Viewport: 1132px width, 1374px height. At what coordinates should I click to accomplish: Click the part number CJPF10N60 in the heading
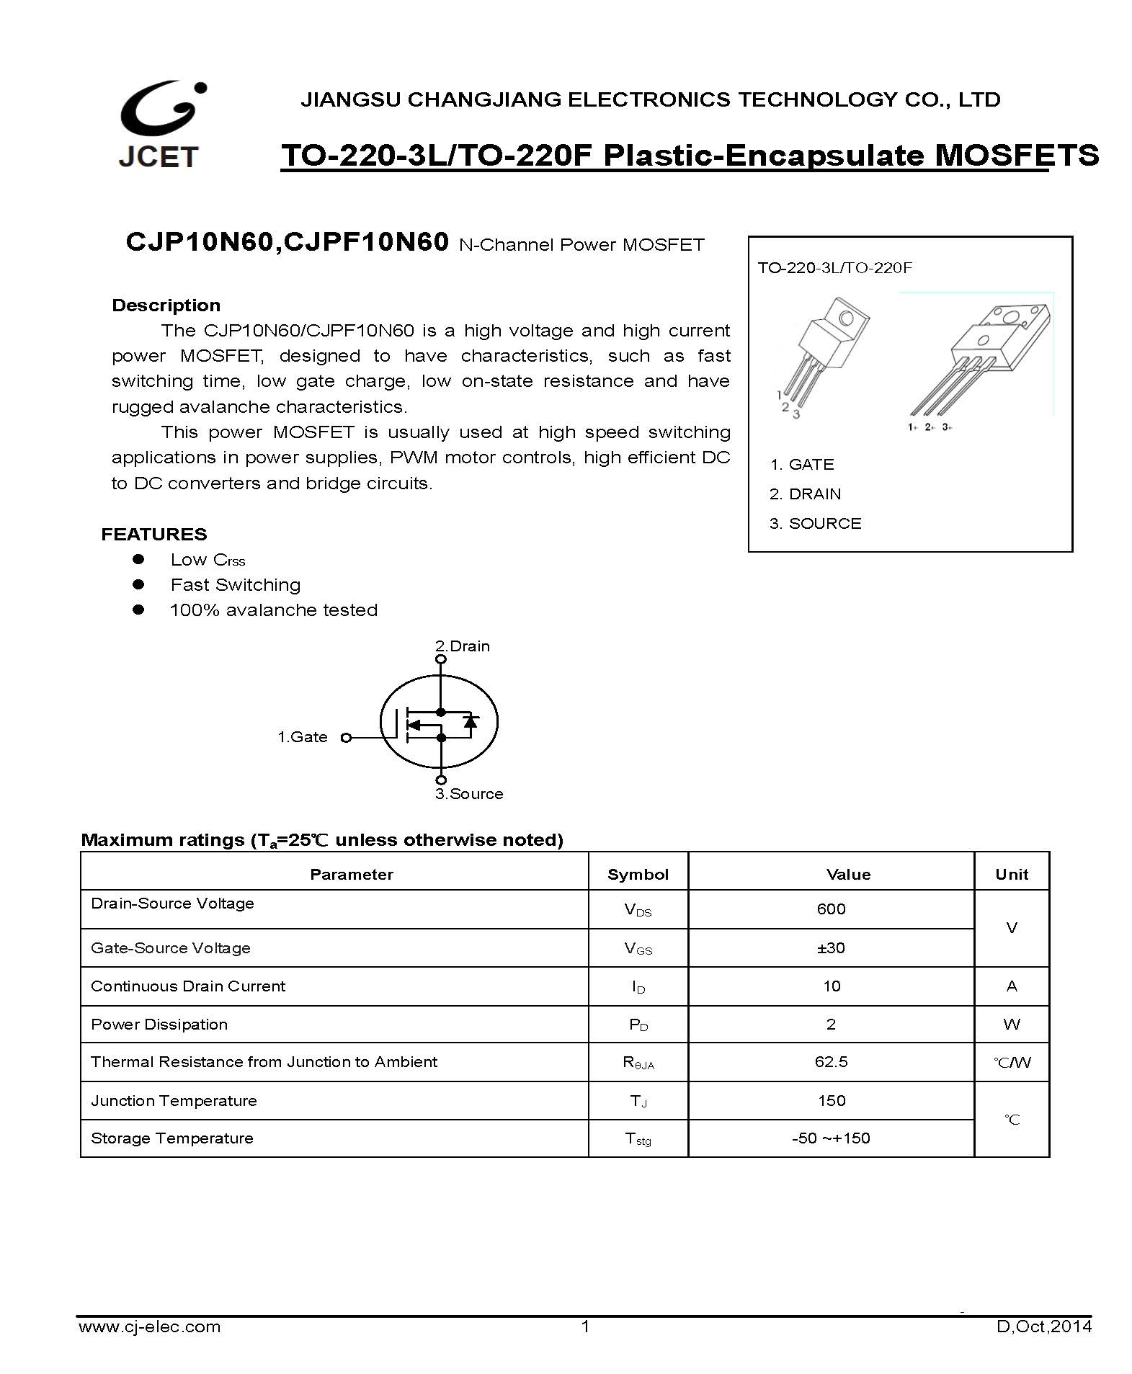(x=367, y=242)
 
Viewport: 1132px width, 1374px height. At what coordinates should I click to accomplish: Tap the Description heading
(x=166, y=305)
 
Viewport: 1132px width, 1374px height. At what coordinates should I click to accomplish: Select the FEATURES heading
(x=153, y=535)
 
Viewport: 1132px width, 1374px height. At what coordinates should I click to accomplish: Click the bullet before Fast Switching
(x=138, y=584)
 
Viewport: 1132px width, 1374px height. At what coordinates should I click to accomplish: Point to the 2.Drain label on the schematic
(x=462, y=646)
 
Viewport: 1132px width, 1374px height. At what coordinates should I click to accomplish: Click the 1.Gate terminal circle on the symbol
(x=346, y=737)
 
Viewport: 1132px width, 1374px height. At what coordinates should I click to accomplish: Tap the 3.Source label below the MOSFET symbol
(x=468, y=794)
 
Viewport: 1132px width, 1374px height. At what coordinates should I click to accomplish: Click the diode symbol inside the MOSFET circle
(x=471, y=721)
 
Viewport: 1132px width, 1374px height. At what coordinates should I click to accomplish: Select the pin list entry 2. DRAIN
(x=805, y=494)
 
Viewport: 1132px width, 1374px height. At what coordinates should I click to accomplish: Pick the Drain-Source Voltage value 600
(x=831, y=909)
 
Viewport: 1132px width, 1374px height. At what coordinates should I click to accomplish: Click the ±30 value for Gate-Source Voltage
(x=831, y=948)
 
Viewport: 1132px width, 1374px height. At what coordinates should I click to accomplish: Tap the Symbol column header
(x=638, y=875)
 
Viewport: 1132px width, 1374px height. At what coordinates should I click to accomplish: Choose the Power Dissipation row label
(x=159, y=1025)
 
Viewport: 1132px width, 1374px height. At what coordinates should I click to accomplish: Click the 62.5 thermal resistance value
(x=831, y=1062)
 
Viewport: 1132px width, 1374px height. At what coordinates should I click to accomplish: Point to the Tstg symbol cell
(x=638, y=1139)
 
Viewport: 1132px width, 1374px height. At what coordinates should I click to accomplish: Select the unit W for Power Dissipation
(x=1011, y=1025)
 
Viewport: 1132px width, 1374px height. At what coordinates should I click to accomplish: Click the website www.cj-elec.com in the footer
(x=149, y=1326)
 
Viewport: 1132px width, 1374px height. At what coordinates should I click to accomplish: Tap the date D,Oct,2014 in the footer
(x=1043, y=1326)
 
